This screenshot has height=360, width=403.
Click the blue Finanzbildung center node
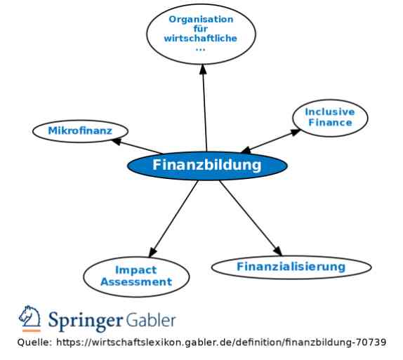tap(207, 165)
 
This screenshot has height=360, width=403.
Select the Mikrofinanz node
tap(80, 131)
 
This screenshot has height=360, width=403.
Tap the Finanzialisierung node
tap(291, 267)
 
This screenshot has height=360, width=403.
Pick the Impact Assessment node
tap(136, 276)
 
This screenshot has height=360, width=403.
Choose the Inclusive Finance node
tap(330, 118)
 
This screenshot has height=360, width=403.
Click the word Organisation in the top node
tap(201, 19)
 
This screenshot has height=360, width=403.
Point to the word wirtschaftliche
tap(201, 39)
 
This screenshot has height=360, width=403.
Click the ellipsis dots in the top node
tap(201, 49)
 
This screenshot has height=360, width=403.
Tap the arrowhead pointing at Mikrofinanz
tap(116, 141)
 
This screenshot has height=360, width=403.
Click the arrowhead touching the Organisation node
tap(203, 69)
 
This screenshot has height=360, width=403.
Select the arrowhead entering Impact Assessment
tap(152, 253)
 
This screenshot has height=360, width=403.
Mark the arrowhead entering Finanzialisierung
tap(278, 251)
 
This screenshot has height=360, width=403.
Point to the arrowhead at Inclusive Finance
tap(296, 132)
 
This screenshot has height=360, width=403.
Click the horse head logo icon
tap(29, 319)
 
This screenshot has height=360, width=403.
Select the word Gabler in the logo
tap(151, 320)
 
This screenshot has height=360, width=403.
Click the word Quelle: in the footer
tap(34, 342)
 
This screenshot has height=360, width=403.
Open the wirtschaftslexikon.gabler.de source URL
tap(221, 342)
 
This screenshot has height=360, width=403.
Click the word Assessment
tap(136, 282)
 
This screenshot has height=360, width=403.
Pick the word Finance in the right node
tap(330, 123)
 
